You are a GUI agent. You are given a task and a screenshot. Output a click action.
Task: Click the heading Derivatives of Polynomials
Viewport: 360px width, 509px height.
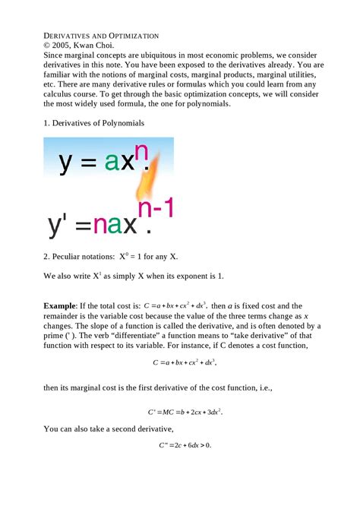tap(93, 123)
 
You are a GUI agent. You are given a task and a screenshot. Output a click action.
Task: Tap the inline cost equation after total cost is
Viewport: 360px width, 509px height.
tap(180, 306)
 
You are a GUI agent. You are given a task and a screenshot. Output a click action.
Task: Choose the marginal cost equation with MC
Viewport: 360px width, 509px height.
tap(185, 411)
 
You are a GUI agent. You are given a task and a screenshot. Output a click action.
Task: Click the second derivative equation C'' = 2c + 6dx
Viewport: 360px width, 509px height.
tap(185, 446)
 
